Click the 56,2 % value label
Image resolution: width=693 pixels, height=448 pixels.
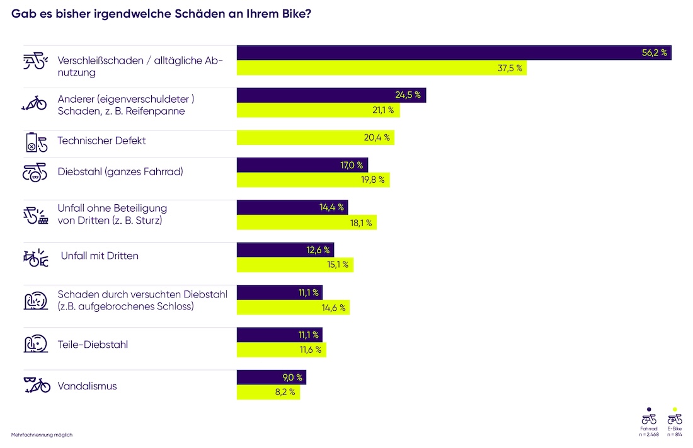654,53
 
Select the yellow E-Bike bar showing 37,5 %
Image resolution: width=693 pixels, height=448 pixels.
381,68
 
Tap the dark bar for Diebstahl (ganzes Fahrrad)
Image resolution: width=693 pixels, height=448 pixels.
302,165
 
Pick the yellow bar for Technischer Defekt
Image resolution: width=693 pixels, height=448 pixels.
315,138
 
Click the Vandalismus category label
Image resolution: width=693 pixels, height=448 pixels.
87,386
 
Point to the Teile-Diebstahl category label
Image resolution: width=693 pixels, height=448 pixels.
93,345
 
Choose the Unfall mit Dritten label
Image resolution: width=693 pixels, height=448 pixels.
100,256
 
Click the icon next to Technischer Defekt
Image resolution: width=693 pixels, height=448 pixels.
35,142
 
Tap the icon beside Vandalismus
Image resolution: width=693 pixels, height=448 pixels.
37,384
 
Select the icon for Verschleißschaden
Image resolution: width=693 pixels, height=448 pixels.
35,61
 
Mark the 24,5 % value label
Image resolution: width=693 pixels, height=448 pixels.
409,95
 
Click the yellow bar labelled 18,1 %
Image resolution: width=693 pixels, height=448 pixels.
306,222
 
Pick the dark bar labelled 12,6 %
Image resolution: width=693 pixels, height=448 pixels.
285,250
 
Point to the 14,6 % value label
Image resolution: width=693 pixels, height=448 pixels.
333,307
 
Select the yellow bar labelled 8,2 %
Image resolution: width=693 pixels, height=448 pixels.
268,392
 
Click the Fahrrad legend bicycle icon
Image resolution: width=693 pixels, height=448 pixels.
649,419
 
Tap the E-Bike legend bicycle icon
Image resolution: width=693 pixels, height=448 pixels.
675,419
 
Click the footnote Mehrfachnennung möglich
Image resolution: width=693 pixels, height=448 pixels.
41,435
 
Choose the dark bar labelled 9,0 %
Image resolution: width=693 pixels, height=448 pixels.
271,377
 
